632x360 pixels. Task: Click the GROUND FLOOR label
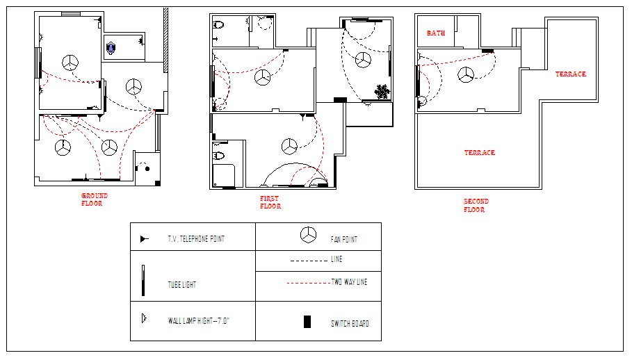95,199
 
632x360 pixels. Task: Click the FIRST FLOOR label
270,202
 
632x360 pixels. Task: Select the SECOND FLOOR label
476,206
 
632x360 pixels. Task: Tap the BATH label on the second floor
436,33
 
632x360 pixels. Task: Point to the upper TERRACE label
571,74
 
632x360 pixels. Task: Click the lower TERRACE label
480,153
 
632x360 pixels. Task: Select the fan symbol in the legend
308,235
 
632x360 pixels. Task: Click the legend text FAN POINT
344,240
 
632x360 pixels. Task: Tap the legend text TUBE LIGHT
181,285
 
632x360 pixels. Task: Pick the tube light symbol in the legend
143,281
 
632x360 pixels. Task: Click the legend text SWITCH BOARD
350,324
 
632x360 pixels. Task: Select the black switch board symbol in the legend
307,322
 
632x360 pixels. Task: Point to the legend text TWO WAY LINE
349,282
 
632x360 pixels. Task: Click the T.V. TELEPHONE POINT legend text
196,239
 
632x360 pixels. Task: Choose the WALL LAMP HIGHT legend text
198,321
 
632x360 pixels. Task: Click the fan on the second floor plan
466,75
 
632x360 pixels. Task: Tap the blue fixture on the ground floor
111,49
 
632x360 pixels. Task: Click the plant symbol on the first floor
382,92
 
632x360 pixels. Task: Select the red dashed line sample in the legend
308,283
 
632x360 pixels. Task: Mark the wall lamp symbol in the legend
144,318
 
